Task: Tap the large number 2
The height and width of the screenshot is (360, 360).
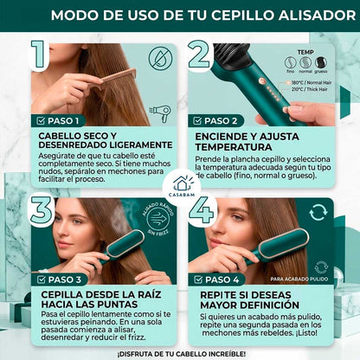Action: [x=198, y=55]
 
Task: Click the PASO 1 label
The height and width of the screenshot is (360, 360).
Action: [x=59, y=121]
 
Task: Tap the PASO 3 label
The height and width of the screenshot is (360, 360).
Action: [x=59, y=280]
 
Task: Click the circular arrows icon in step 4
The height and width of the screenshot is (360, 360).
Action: [x=318, y=212]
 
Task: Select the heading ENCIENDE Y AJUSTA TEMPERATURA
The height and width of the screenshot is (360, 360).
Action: [x=256, y=143]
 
